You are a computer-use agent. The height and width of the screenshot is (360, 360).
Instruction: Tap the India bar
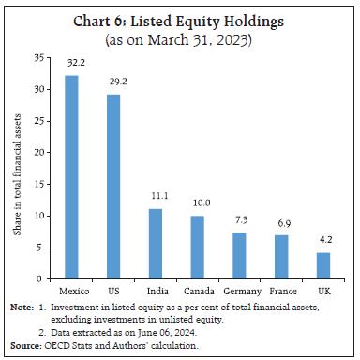156,244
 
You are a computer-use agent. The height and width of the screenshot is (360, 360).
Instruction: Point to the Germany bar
238,256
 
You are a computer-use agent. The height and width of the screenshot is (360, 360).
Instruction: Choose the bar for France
280,257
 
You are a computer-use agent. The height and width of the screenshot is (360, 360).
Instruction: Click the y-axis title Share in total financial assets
18,169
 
